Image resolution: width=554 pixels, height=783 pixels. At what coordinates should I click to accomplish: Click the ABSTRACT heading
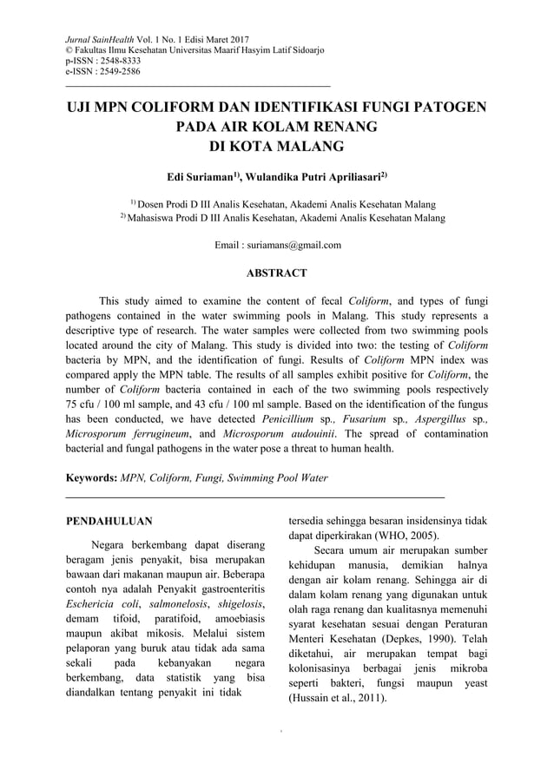coord(277,273)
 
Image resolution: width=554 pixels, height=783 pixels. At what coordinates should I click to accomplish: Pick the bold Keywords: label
coord(92,477)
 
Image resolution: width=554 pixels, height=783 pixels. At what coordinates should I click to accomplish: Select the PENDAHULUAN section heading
coord(110,522)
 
